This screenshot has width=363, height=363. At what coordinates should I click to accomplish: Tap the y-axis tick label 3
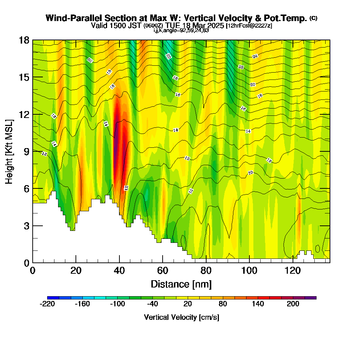click(26, 225)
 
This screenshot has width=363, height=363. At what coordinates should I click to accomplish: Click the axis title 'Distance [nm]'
click(181, 284)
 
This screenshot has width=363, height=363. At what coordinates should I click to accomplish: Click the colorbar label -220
click(47, 304)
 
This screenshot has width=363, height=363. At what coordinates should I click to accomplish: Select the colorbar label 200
click(293, 304)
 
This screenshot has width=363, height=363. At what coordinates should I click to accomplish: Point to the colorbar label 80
click(223, 304)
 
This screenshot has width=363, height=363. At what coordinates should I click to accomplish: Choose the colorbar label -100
click(117, 304)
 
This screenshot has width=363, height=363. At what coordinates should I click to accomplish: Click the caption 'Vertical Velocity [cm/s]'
click(181, 317)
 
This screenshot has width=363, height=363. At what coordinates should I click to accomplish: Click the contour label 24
click(255, 57)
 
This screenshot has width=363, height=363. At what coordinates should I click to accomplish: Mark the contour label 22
click(241, 67)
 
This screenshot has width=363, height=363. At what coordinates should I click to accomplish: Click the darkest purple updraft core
click(117, 145)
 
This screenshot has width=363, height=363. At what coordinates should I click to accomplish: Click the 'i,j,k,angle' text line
click(181, 30)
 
